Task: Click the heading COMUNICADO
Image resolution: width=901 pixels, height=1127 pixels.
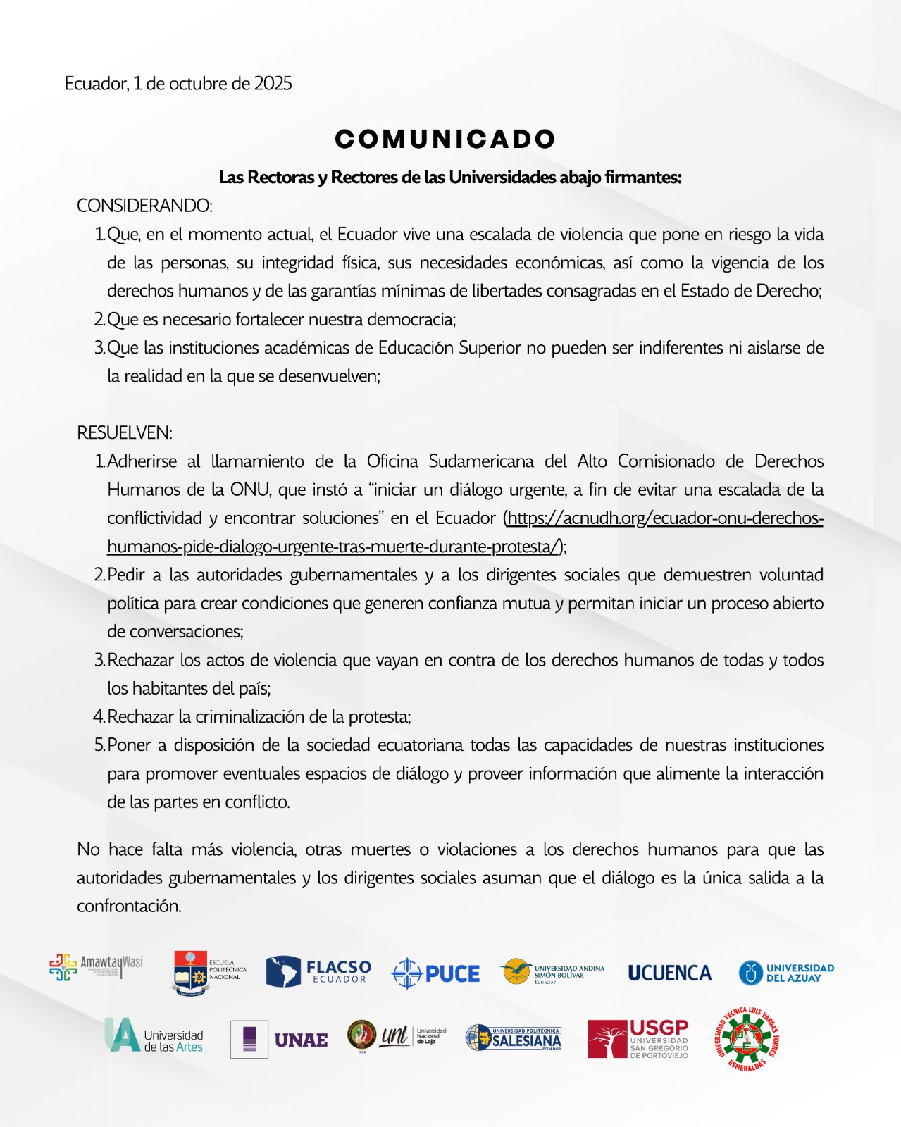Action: (x=445, y=139)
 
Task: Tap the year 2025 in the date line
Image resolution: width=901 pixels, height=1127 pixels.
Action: (x=273, y=84)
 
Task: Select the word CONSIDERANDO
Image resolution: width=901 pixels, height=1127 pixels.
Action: (x=144, y=206)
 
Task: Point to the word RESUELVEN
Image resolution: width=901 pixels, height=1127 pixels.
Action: (x=125, y=432)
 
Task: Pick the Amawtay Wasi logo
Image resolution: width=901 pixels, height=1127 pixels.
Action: (x=96, y=966)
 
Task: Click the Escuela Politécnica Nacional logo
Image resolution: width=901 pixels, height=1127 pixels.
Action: (x=209, y=973)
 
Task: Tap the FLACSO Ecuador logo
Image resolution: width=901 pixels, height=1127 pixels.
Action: (x=318, y=972)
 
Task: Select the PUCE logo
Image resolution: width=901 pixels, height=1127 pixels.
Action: (x=435, y=973)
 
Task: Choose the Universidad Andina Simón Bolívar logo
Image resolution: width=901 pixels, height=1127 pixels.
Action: (x=553, y=973)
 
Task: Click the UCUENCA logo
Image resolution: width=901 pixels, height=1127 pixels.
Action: (x=669, y=973)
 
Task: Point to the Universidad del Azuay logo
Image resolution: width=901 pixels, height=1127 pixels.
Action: (x=786, y=973)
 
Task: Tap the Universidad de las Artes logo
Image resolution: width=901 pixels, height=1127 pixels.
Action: (x=154, y=1036)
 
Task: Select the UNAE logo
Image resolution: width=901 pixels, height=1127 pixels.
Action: (x=280, y=1039)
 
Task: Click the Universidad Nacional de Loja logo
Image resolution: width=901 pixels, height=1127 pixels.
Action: (x=397, y=1036)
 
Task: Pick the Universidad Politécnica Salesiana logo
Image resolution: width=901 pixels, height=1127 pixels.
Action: (x=514, y=1038)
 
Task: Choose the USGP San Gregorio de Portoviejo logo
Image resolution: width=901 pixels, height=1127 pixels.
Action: (x=638, y=1038)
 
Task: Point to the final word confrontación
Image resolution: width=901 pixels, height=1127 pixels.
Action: (x=129, y=907)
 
